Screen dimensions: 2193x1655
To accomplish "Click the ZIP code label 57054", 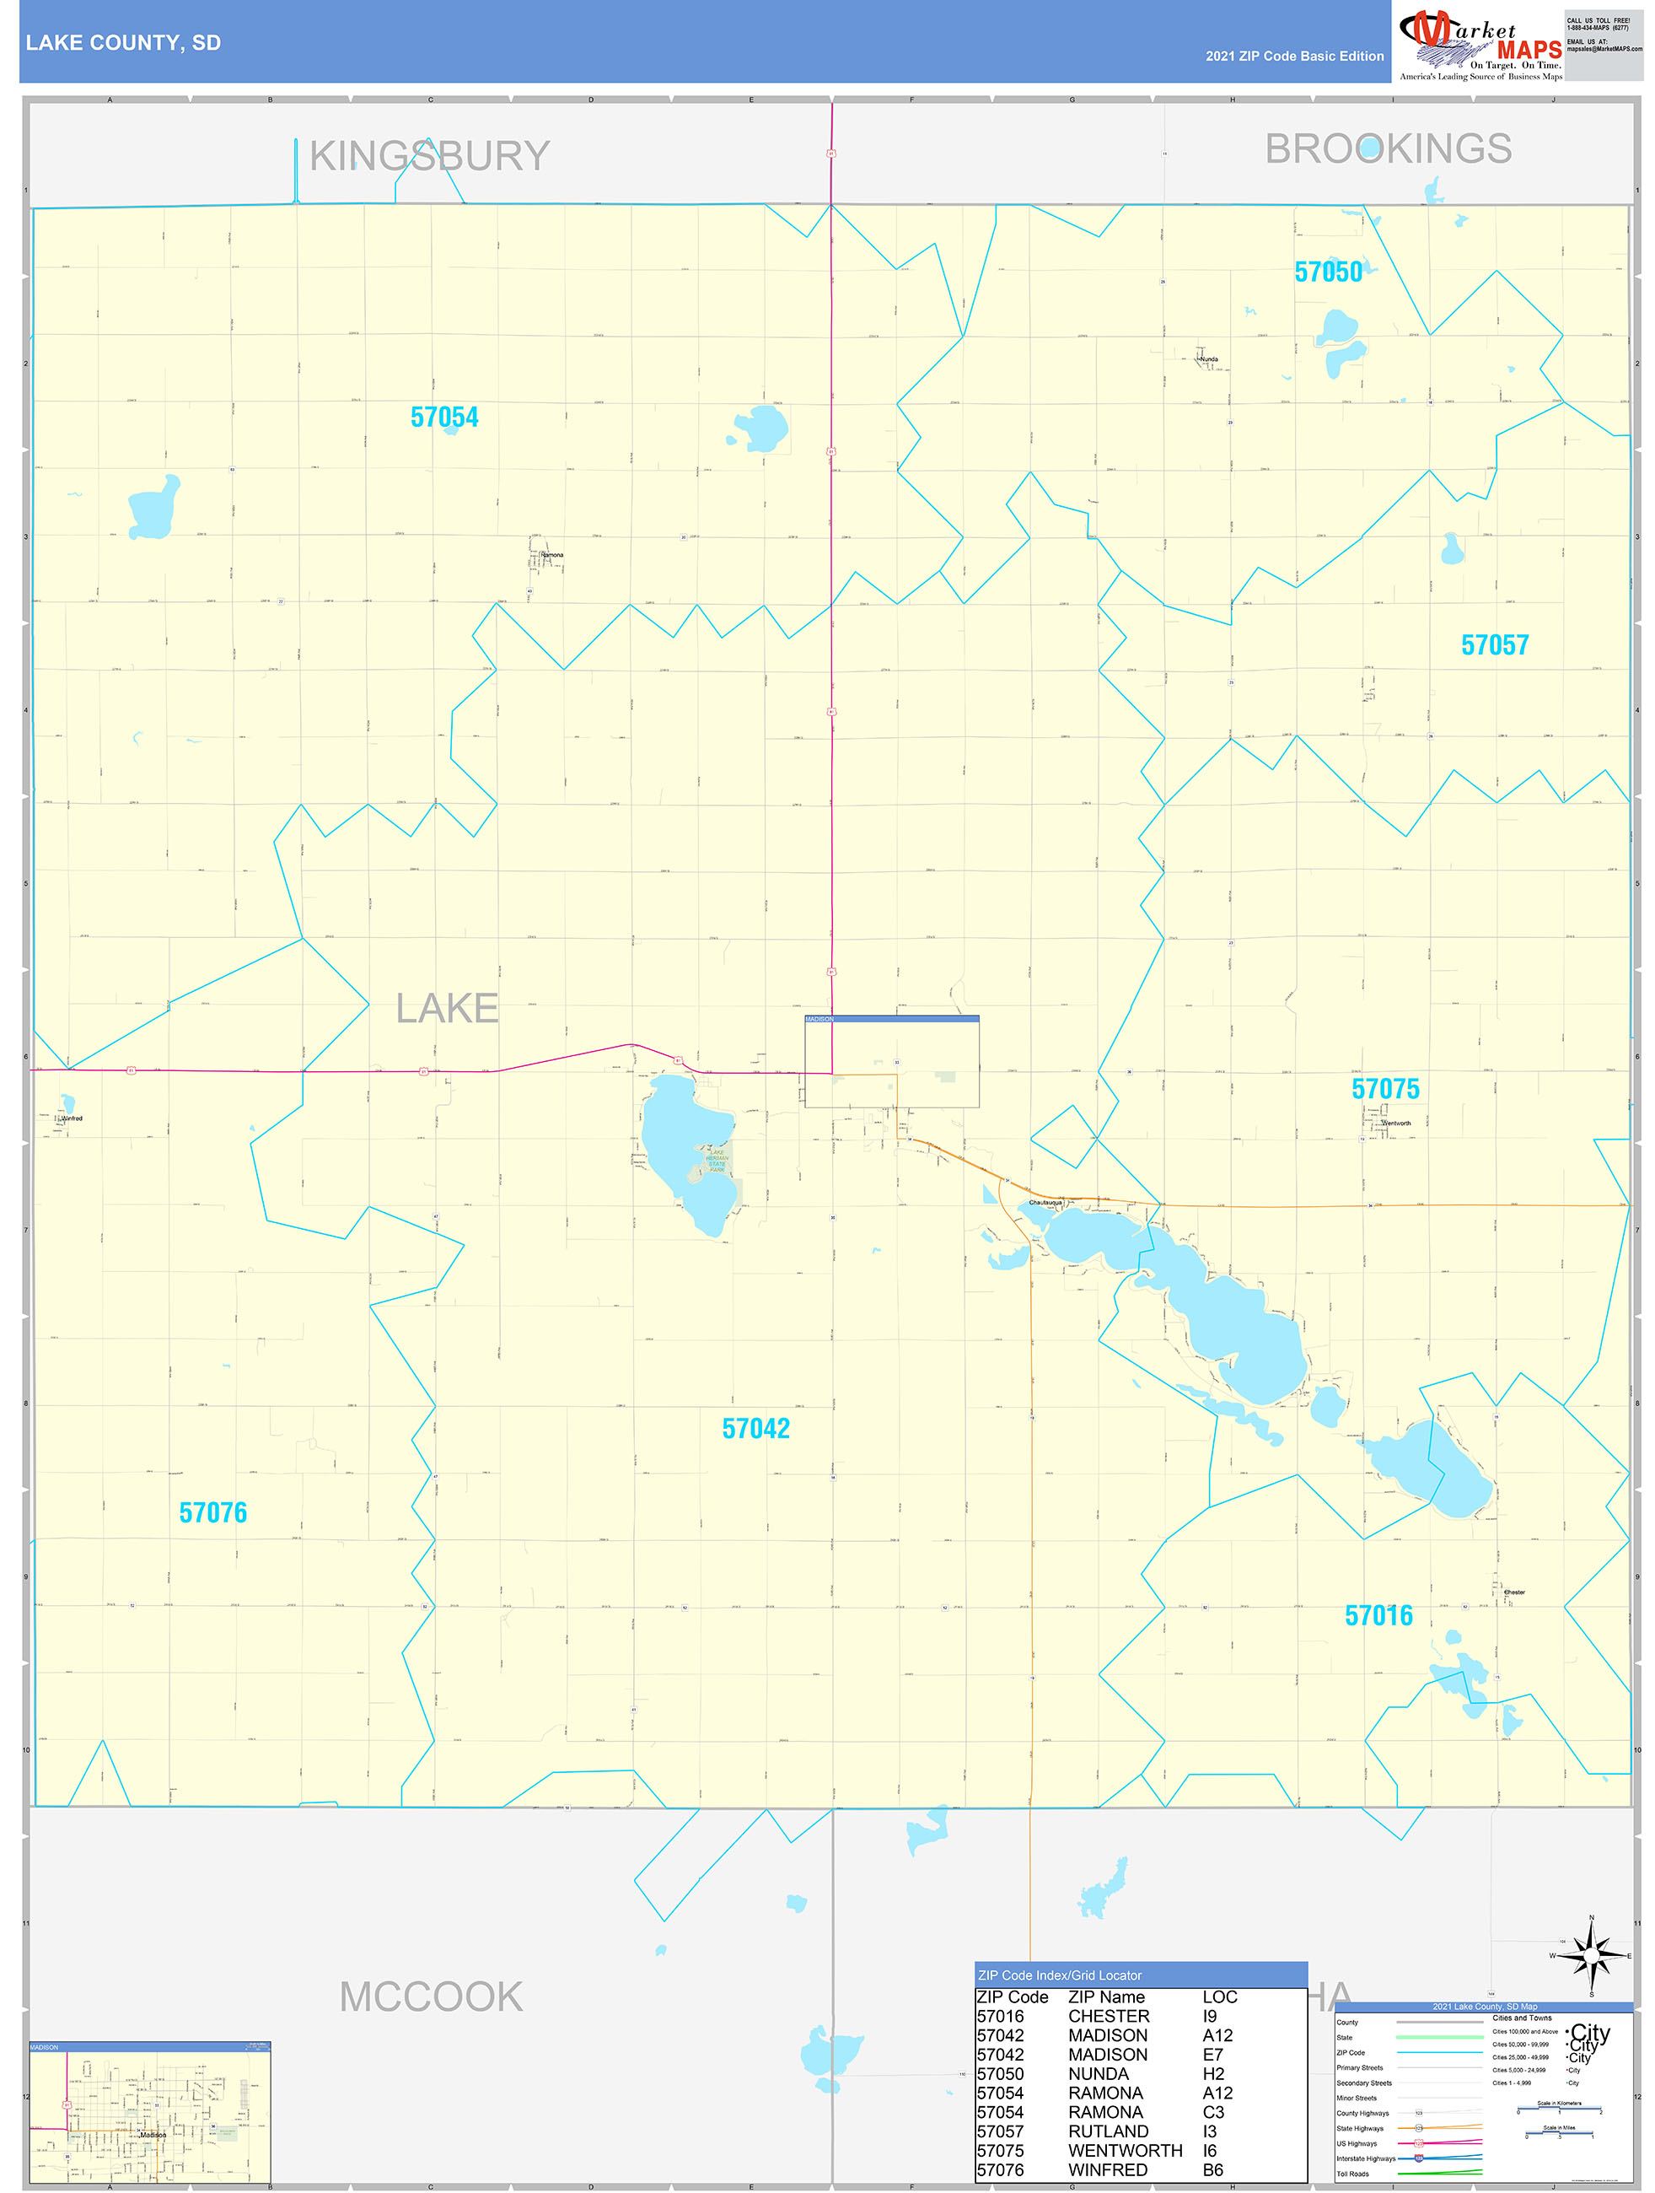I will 444,418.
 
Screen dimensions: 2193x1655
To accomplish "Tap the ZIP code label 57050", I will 1328,272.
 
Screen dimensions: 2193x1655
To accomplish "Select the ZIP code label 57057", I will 1495,645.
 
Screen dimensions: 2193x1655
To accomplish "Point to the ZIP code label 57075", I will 1385,1089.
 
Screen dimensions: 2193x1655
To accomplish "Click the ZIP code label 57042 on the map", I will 756,1429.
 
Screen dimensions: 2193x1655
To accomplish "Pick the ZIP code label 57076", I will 213,1513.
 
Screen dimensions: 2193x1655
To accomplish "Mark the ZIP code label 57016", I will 1378,1616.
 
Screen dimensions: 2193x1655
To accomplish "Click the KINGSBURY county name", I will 429,157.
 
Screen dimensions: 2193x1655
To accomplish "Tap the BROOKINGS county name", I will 1388,149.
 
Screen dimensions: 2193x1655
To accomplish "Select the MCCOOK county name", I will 431,1996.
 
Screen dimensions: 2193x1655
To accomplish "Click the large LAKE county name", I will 447,1008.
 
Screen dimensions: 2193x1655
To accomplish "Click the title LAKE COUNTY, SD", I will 123,43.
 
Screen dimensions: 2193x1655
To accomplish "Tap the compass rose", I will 1592,1956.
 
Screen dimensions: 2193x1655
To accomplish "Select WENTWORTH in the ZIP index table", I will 1125,2150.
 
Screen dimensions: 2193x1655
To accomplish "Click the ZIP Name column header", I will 1106,1996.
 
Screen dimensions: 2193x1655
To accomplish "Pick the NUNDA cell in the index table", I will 1098,2074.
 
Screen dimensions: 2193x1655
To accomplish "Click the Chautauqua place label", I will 1045,1203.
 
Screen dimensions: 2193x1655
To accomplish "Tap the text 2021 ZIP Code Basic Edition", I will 1294,57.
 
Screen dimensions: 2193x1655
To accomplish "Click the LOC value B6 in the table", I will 1213,2170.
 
